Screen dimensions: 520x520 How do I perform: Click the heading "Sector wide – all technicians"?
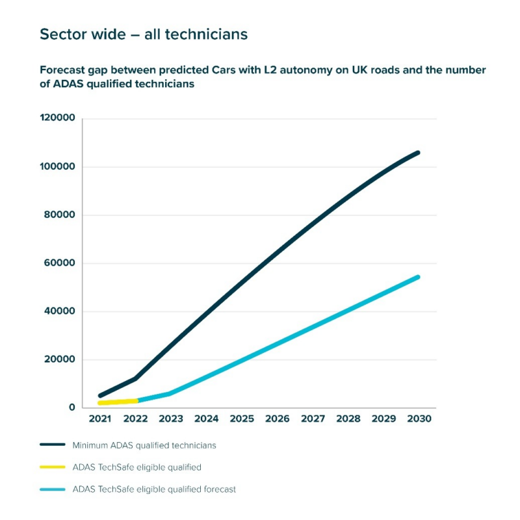(x=144, y=34)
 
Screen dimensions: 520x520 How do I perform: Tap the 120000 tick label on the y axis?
(x=57, y=118)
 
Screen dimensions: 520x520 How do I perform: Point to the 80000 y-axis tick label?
(x=60, y=215)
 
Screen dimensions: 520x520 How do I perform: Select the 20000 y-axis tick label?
(x=60, y=359)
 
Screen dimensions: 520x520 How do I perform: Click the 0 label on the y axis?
(x=71, y=408)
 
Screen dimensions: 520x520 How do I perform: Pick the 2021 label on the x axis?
(x=100, y=419)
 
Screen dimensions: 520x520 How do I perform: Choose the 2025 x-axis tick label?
(x=242, y=419)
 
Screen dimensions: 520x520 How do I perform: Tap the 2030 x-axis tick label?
(x=419, y=419)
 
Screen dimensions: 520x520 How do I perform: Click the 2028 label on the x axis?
(x=348, y=419)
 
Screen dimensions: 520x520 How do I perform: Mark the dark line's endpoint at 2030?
(x=418, y=153)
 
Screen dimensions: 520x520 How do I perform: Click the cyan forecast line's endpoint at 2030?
(x=418, y=277)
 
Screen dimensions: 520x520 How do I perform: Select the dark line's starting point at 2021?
(x=100, y=395)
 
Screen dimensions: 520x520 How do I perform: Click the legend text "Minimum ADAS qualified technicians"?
(x=144, y=445)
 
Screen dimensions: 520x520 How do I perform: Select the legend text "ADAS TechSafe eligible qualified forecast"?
(x=154, y=489)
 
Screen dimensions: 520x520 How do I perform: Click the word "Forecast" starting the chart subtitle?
(x=64, y=70)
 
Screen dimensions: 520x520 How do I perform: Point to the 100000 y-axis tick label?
(x=57, y=167)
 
